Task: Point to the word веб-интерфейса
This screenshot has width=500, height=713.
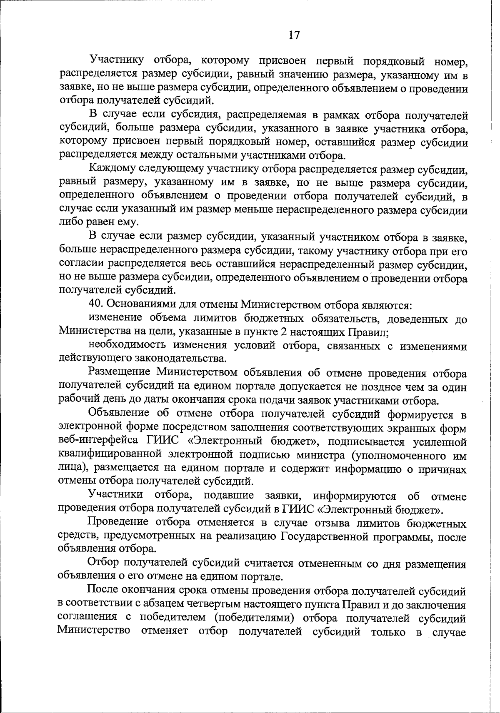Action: click(99, 441)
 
